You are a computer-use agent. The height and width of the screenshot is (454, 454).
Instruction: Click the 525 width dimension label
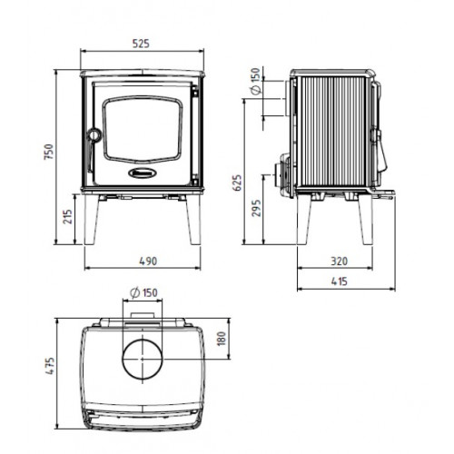click(141, 44)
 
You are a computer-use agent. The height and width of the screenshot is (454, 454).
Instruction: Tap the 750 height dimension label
click(49, 152)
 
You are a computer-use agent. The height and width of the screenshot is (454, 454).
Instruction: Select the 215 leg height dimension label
click(68, 216)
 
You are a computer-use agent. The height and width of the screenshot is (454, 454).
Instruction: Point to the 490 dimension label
click(148, 261)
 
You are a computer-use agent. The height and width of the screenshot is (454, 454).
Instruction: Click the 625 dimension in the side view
click(238, 183)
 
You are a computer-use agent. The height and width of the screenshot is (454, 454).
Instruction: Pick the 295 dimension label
click(256, 208)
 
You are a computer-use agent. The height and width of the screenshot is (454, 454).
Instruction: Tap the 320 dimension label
click(340, 261)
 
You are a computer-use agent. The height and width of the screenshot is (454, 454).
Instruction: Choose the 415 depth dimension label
click(340, 281)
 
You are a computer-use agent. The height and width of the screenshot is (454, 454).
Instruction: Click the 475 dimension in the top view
click(50, 366)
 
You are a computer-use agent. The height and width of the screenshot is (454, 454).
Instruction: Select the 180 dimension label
click(222, 339)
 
